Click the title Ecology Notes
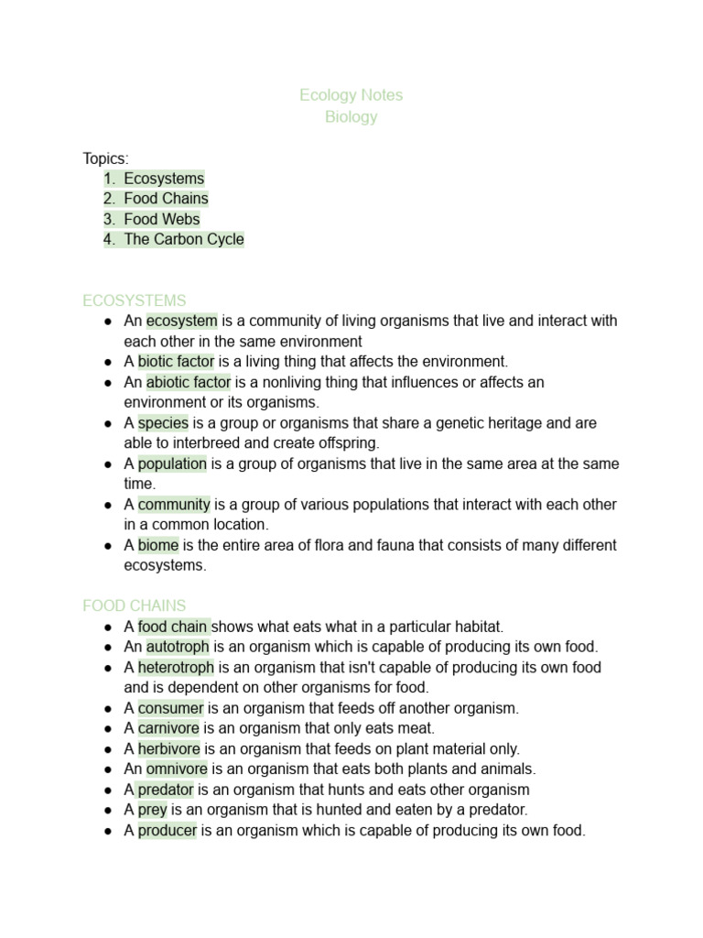click(x=351, y=95)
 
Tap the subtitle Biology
click(x=351, y=117)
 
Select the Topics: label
click(x=105, y=158)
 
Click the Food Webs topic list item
click(x=162, y=219)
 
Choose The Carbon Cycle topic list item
click(x=184, y=239)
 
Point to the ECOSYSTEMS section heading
click(x=134, y=300)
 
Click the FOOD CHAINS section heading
click(x=134, y=605)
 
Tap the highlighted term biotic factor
click(x=176, y=361)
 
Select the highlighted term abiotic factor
click(x=189, y=382)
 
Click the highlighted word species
click(x=163, y=422)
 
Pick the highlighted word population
click(x=172, y=464)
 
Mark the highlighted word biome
click(x=158, y=545)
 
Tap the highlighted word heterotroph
click(x=176, y=667)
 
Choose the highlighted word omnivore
click(x=177, y=769)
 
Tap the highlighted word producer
click(x=168, y=830)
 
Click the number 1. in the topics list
click(x=110, y=179)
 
